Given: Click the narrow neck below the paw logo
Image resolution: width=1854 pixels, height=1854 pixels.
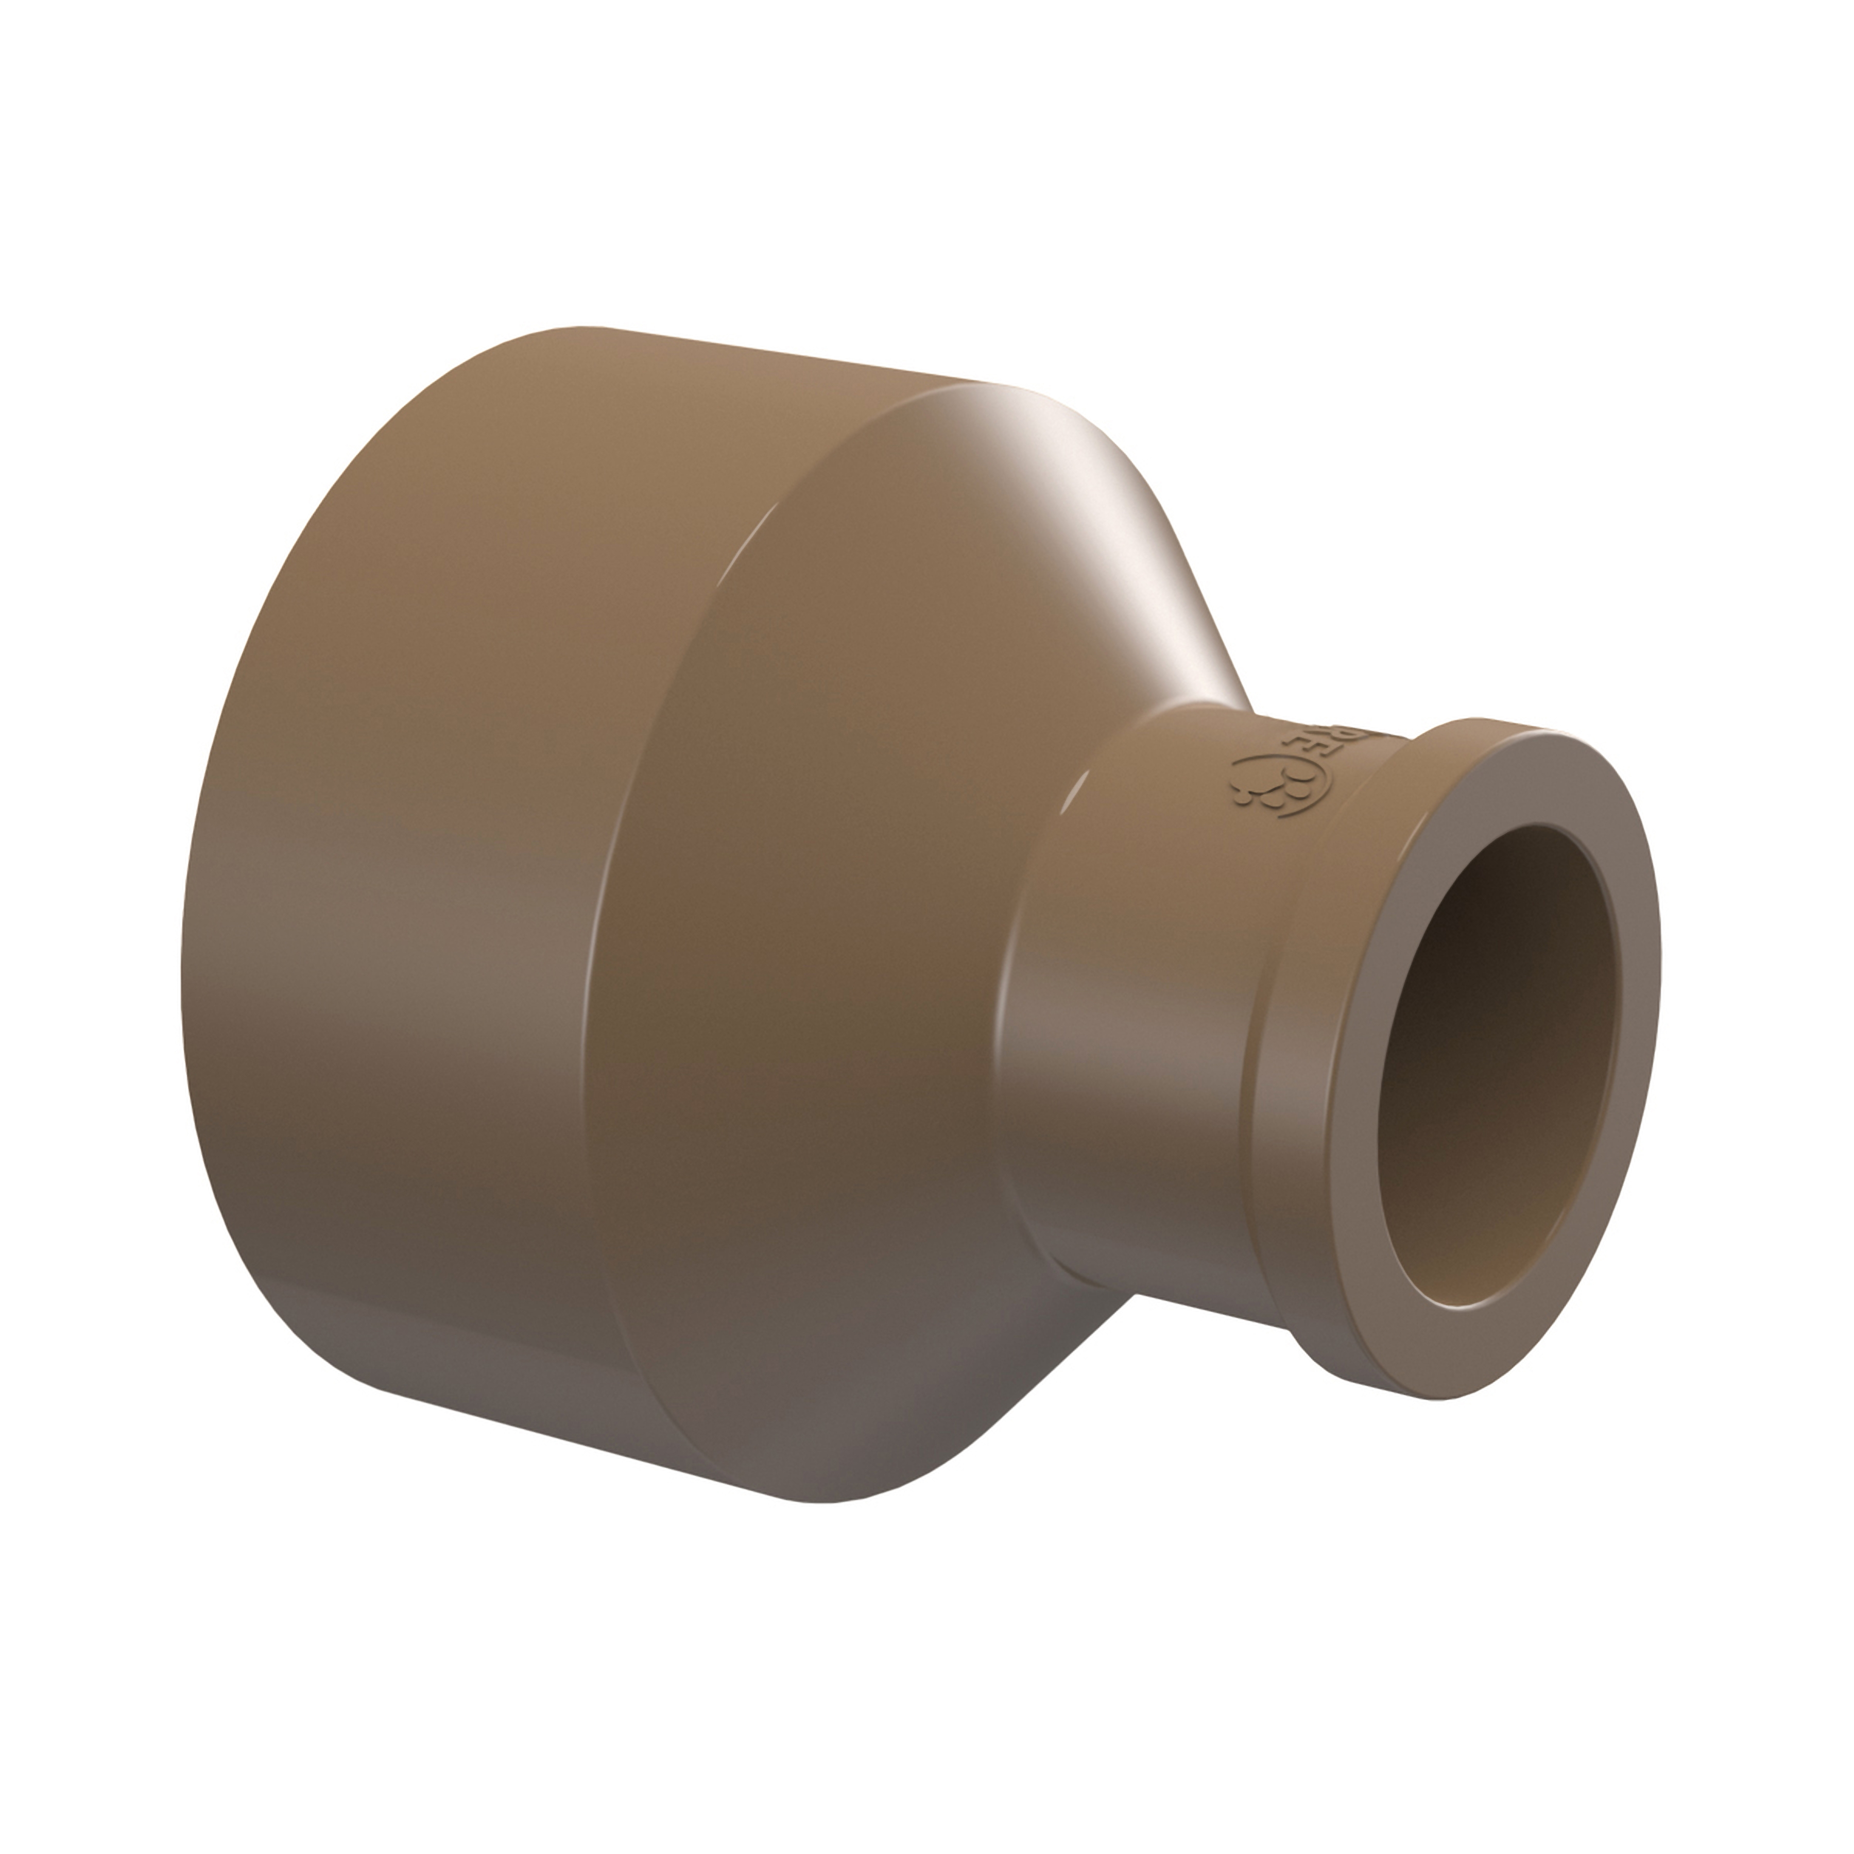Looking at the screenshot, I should point(1152,959).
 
